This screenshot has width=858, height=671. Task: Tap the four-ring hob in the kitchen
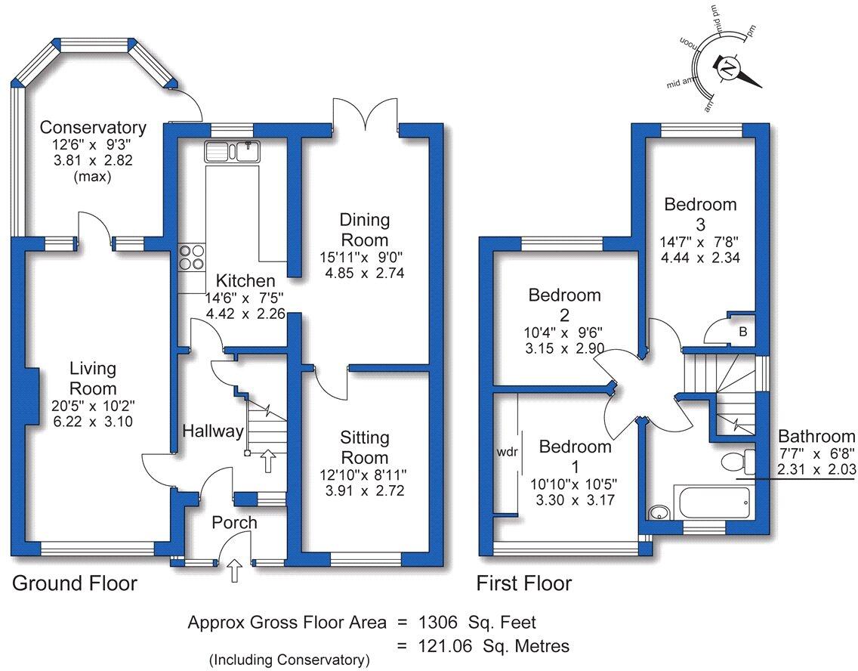pos(192,258)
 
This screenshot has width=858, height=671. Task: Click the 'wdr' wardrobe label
pos(507,455)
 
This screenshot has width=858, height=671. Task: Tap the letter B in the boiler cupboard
pos(742,331)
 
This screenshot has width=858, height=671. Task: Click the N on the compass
pos(728,68)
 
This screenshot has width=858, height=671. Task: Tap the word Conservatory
pos(93,126)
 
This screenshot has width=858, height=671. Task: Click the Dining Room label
pos(364,229)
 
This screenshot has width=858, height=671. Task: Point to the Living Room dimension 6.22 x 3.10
pos(93,422)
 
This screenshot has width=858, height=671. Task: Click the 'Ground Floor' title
pos(75,583)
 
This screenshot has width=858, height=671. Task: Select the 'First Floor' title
pos(523,583)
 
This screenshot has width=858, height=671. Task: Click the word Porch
pos(234,522)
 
